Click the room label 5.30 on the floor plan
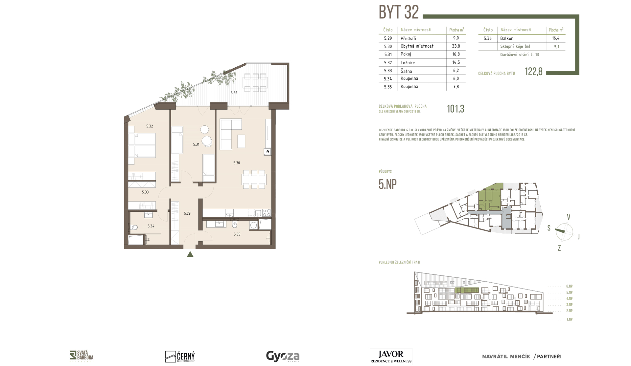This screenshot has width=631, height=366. [x=237, y=163]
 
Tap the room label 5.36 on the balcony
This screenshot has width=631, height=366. [x=234, y=93]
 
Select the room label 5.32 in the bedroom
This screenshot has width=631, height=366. [x=150, y=126]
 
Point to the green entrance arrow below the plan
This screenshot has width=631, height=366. [x=190, y=254]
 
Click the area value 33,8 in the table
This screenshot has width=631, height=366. [x=456, y=46]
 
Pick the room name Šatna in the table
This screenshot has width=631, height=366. [x=406, y=71]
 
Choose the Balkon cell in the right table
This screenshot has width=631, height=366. [x=507, y=38]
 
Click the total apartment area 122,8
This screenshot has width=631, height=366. [x=533, y=72]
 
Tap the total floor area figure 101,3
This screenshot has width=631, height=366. [x=456, y=109]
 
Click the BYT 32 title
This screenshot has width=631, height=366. [x=399, y=12]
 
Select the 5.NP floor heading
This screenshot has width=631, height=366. [x=388, y=184]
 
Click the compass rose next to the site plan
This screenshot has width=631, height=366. [x=564, y=231]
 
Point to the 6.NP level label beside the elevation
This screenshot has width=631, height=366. [x=569, y=286]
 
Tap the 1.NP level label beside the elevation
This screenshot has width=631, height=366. [x=569, y=319]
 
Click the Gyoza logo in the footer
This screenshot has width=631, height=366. [x=283, y=356]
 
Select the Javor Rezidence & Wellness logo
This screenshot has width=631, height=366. [x=391, y=356]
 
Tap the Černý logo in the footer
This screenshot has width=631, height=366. [x=180, y=356]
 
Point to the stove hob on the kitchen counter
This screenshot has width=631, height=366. [x=267, y=213]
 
